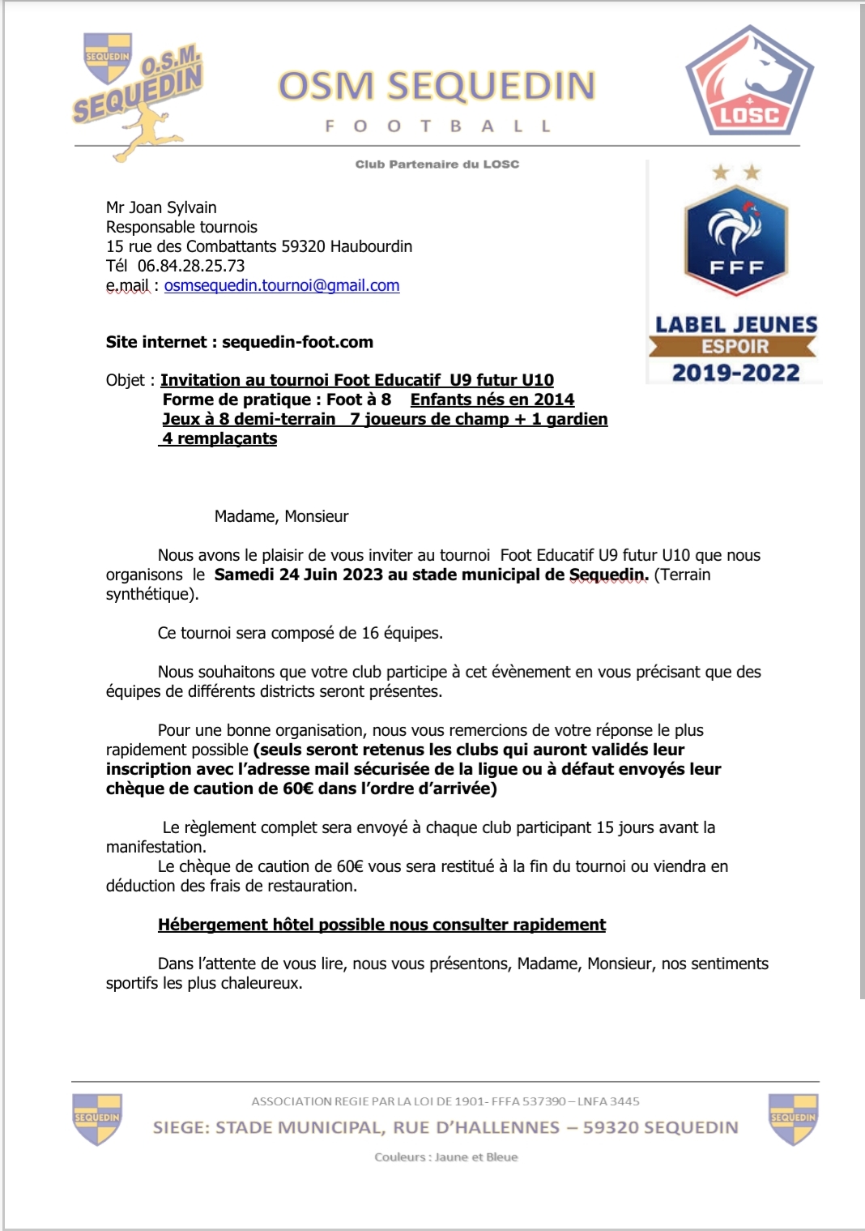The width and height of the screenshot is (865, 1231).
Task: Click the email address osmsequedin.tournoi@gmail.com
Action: coord(282,285)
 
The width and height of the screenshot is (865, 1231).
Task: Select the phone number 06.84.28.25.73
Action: coord(191,266)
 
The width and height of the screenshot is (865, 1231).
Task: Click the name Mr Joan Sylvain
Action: coord(161,207)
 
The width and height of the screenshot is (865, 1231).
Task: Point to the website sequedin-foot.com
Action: coord(297,342)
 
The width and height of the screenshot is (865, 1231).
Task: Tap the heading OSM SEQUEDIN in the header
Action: coord(437,86)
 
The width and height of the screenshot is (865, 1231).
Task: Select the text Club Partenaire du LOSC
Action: coord(437,164)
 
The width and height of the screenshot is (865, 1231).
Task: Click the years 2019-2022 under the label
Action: coord(735,373)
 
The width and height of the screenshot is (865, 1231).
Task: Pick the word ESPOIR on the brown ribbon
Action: coord(735,347)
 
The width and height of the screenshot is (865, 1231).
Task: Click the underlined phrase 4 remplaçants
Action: coord(219,438)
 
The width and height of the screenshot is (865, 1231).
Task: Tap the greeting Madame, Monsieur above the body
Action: coord(281,516)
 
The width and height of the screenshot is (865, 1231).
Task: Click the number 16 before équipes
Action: coord(370,633)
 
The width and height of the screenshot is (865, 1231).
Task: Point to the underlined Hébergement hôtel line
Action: coord(381,925)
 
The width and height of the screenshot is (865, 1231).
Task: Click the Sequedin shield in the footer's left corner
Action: coord(97,1118)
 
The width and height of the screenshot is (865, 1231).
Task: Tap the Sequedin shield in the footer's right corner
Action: coord(793,1118)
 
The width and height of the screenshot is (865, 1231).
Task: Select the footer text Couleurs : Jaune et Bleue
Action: coord(445,1157)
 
